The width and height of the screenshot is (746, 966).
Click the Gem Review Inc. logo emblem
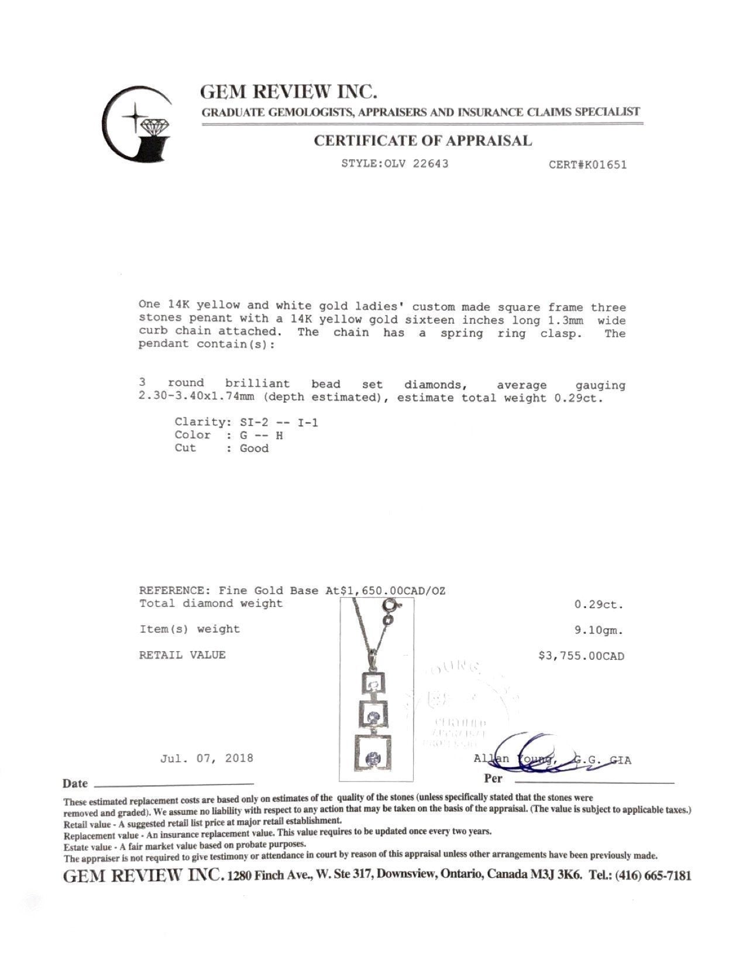137,124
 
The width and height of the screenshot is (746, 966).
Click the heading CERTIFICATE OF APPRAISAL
422,141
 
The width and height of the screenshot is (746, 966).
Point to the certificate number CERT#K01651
587,165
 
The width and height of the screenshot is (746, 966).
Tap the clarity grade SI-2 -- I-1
279,422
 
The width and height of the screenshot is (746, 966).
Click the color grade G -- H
262,435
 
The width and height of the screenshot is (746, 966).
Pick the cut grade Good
254,448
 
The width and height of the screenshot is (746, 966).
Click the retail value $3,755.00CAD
580,656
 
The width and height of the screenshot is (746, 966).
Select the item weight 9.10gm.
599,631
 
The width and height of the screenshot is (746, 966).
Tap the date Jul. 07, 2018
207,758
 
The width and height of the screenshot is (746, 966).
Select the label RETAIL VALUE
182,655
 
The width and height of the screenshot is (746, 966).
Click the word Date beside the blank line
75,783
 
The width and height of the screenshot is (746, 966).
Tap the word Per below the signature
493,779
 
